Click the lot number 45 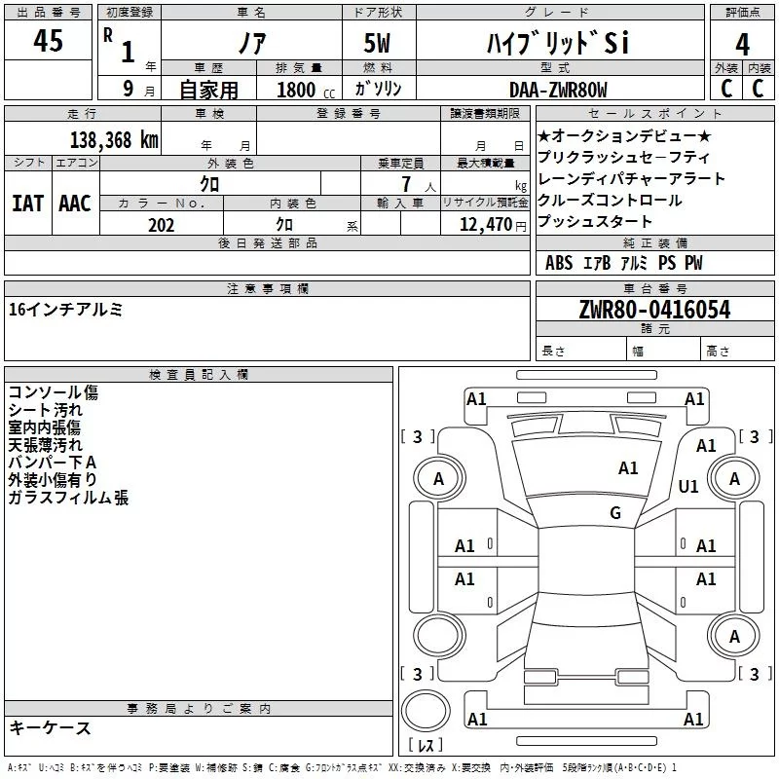(x=48, y=42)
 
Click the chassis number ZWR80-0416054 (x=654, y=310)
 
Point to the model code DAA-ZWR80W (x=558, y=90)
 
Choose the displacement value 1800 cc (x=305, y=90)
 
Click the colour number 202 (x=161, y=225)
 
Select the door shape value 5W (x=379, y=43)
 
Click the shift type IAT (x=27, y=204)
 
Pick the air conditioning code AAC (x=74, y=204)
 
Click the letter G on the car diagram (x=614, y=513)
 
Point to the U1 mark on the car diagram (x=688, y=486)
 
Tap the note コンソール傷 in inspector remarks (x=53, y=393)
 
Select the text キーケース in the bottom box (x=50, y=728)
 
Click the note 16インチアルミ (x=65, y=310)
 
